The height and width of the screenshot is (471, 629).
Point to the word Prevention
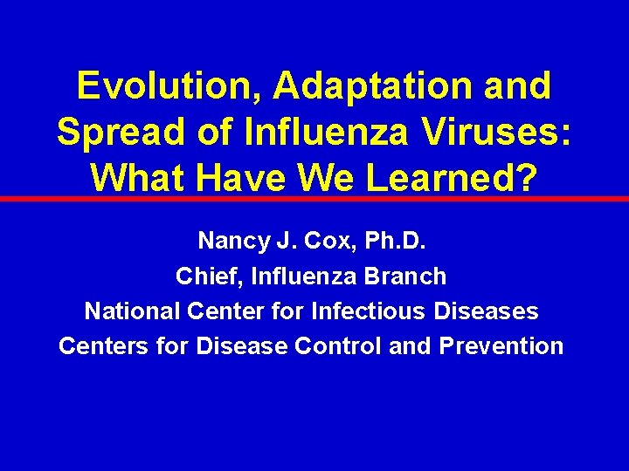(x=501, y=346)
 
